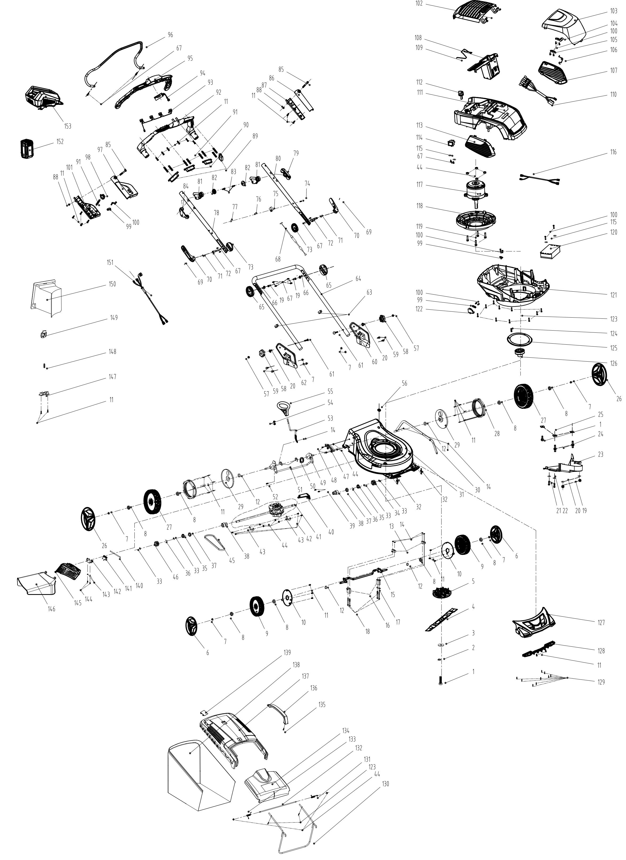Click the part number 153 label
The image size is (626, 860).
(x=68, y=126)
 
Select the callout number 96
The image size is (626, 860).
(x=170, y=35)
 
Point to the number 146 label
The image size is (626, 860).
(x=51, y=609)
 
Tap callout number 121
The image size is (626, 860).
(x=614, y=295)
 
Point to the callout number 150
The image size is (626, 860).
(x=112, y=284)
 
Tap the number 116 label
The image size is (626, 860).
(x=614, y=152)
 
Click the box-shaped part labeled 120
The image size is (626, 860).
(x=550, y=251)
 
